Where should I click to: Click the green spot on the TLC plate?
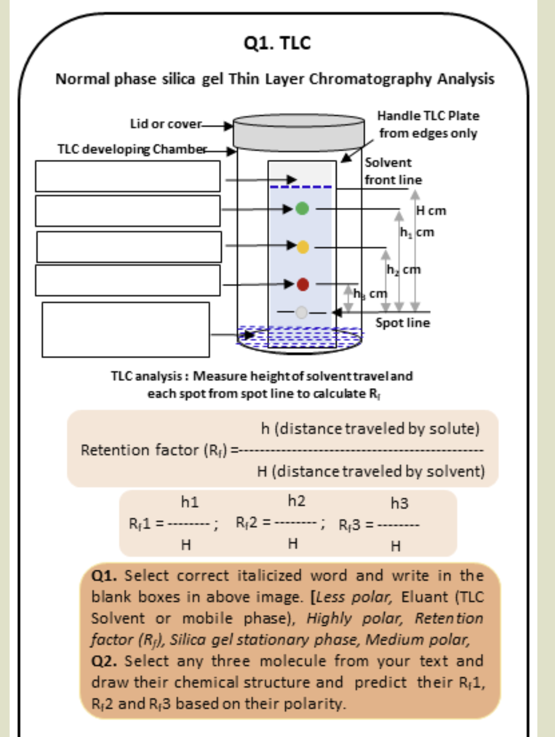(x=302, y=208)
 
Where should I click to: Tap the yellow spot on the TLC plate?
(x=303, y=247)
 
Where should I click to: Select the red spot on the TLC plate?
(x=303, y=284)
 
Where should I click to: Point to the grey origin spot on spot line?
(x=301, y=312)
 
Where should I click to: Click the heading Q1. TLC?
(x=277, y=43)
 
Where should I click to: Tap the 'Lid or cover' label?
(x=166, y=124)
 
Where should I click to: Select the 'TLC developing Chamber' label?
(x=132, y=149)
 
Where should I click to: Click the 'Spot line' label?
(x=402, y=323)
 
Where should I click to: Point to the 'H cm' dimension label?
(x=431, y=211)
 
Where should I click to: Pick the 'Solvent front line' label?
(x=393, y=171)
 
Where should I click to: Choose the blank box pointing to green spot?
(x=128, y=211)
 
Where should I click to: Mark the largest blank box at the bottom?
(x=126, y=330)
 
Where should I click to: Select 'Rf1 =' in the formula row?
(x=146, y=524)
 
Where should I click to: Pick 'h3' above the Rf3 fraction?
(x=399, y=503)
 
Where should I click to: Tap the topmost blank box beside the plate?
(x=128, y=176)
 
